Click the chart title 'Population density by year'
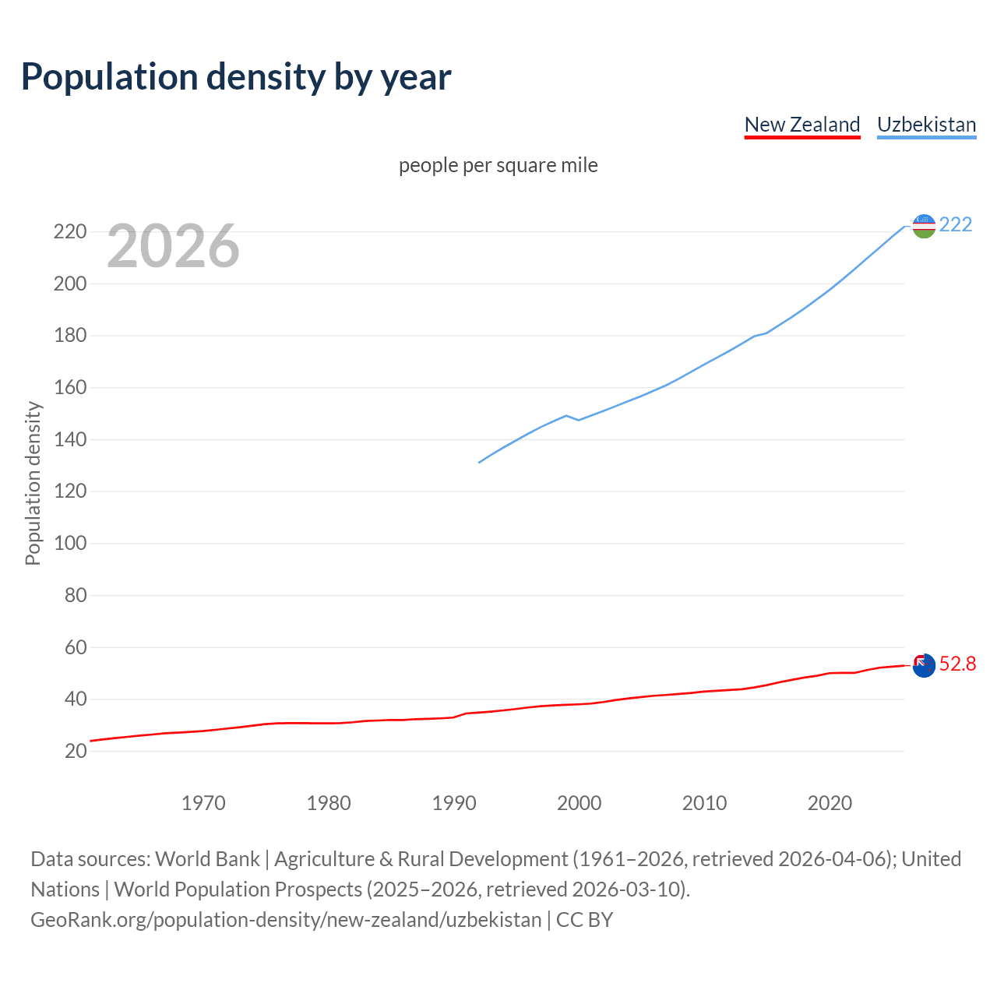pyautogui.click(x=236, y=76)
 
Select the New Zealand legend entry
pyautogui.click(x=801, y=125)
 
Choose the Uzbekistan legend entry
pyautogui.click(x=926, y=125)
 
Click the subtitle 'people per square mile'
pyautogui.click(x=498, y=165)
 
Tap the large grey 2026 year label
pyautogui.click(x=173, y=246)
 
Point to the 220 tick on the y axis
pyautogui.click(x=69, y=232)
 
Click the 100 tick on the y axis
pyautogui.click(x=69, y=544)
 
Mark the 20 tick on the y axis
pyautogui.click(x=75, y=752)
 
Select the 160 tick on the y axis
pyautogui.click(x=69, y=388)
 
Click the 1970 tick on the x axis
pyautogui.click(x=203, y=803)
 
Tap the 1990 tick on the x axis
pyautogui.click(x=454, y=803)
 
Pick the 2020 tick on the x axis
pyautogui.click(x=830, y=803)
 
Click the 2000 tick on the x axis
pyautogui.click(x=579, y=803)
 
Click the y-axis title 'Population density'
pyautogui.click(x=33, y=483)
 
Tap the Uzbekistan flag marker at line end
pyautogui.click(x=924, y=226)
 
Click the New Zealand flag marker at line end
pyautogui.click(x=924, y=665)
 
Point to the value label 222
pyautogui.click(x=956, y=225)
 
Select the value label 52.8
pyautogui.click(x=957, y=664)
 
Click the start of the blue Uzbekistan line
pyautogui.click(x=479, y=463)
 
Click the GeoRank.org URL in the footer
pyautogui.click(x=286, y=920)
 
